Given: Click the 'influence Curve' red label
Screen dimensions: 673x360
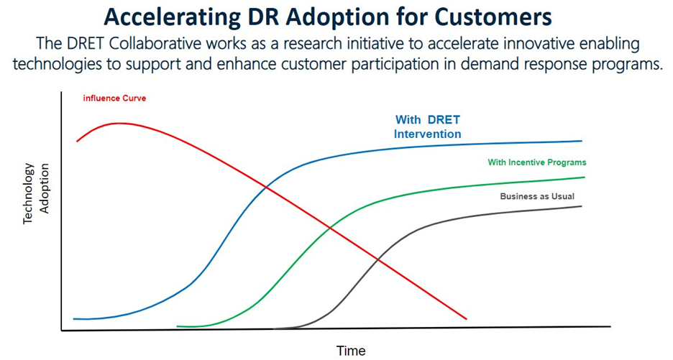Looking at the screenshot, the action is pos(114,98).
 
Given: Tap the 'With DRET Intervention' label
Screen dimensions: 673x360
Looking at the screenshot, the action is pos(428,126).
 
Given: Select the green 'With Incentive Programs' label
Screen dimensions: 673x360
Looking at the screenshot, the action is pos(537,162).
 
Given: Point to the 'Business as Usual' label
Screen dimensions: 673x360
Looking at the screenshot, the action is pos(537,196).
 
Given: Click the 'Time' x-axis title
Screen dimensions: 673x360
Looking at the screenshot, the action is pos(351,351).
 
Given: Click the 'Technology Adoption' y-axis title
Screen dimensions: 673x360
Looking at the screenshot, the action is pos(36,193).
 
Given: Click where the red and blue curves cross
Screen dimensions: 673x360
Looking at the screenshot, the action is pos(267,187).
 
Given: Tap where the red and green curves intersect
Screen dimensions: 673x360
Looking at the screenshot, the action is pos(330,227).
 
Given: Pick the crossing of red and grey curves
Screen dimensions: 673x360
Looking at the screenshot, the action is pos(378,259).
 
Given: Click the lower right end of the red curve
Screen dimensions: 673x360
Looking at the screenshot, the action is pos(466,319).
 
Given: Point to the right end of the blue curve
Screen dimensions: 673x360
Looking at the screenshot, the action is pos(582,141).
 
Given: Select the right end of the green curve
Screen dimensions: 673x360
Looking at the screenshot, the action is pos(584,177).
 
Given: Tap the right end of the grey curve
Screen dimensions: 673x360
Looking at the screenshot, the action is pos(582,206).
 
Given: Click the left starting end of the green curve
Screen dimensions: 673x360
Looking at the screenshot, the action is pos(178,326).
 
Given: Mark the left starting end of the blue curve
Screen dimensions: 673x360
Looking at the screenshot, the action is pos(74,319).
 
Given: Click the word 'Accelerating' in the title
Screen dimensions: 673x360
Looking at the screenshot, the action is pos(172,18).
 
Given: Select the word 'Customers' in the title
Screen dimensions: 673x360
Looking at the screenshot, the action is pos(493,17).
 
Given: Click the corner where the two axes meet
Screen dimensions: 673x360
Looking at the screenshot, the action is pos(62,331).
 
